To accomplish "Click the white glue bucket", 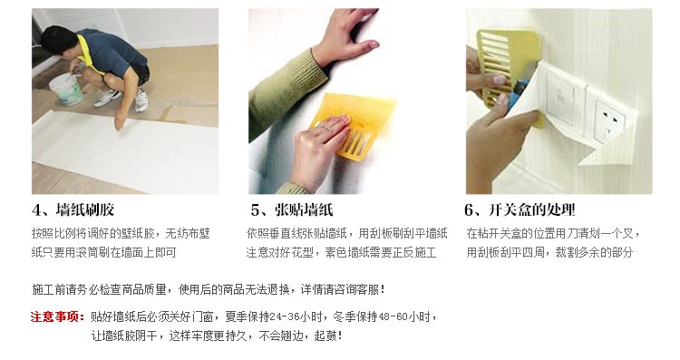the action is pyautogui.click(x=66, y=90).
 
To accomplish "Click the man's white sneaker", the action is pyautogui.click(x=141, y=100).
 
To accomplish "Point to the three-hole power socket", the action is pyautogui.click(x=609, y=118).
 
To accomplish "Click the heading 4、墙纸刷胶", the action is pyautogui.click(x=73, y=210).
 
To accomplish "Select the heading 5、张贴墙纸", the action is pyautogui.click(x=292, y=210).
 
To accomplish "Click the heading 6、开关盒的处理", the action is pyautogui.click(x=520, y=210).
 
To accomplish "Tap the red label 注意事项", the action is pyautogui.click(x=55, y=316).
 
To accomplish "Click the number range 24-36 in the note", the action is pyautogui.click(x=285, y=316).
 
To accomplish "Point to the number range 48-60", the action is pyautogui.click(x=393, y=316).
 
